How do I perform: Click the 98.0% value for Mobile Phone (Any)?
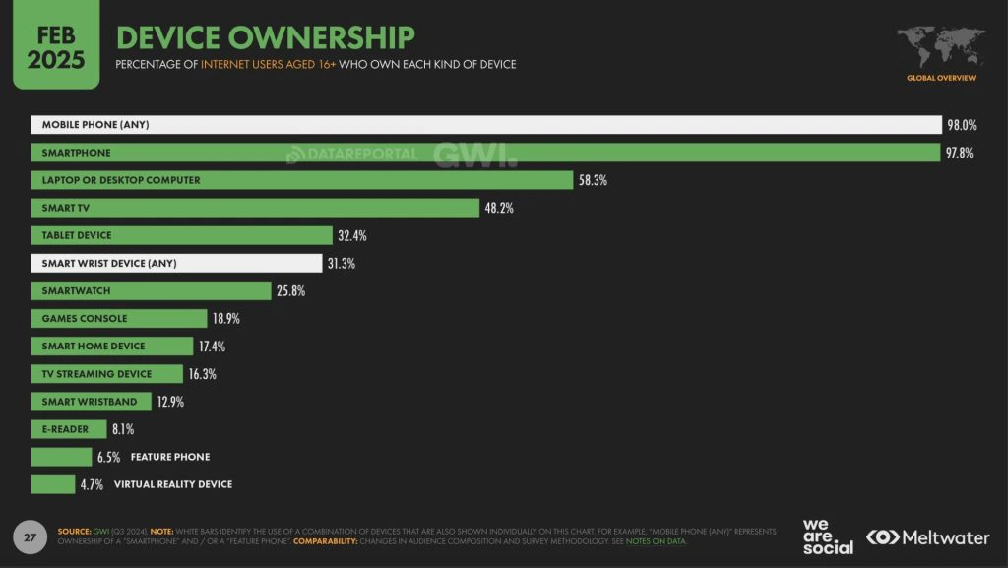(x=961, y=125)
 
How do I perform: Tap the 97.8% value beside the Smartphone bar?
(x=960, y=153)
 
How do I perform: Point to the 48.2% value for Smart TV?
(x=498, y=208)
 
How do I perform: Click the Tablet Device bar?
(x=182, y=235)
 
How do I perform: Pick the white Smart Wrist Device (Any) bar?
(x=176, y=263)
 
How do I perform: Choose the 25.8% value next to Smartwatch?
(x=291, y=291)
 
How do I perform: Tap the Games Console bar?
(x=119, y=319)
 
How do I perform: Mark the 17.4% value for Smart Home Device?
(x=213, y=347)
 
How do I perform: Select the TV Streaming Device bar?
(x=106, y=374)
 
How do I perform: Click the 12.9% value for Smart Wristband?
(x=170, y=402)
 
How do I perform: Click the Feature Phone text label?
(x=170, y=457)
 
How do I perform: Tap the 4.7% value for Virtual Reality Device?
(x=93, y=484)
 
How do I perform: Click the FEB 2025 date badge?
(x=49, y=45)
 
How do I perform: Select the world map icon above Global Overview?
(x=941, y=46)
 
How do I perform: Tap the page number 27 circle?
(x=30, y=537)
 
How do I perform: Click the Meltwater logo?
(x=927, y=537)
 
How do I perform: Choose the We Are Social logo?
(x=828, y=536)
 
